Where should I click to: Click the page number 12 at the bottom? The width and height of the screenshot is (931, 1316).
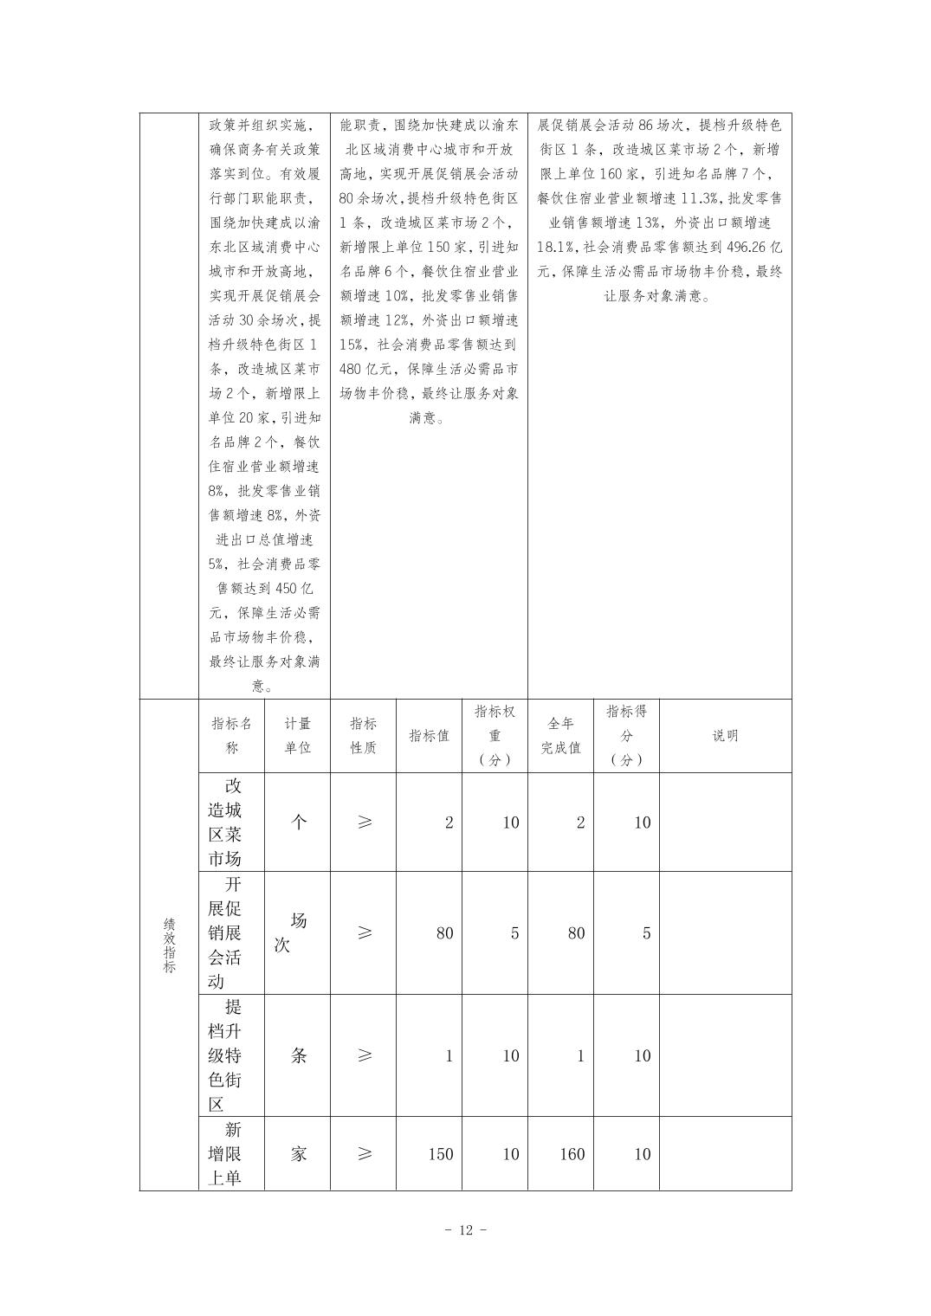pos(465,1230)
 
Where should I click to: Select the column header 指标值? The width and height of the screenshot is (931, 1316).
pos(429,736)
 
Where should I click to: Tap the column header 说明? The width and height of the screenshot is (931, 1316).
pos(725,736)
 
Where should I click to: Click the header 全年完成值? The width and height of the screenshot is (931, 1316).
pos(560,736)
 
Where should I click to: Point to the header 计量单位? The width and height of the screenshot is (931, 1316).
pos(297,736)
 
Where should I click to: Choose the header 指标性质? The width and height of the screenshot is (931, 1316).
pos(363,736)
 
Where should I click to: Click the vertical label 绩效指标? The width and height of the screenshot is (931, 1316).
pos(169,945)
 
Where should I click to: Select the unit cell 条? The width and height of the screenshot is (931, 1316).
pos(298,1055)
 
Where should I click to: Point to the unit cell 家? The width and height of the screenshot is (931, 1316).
pos(298,1154)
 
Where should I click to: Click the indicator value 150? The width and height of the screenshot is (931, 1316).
pos(441,1154)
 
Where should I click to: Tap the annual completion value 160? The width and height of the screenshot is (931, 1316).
pos(572,1154)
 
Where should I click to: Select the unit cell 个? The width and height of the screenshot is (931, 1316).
pos(298,822)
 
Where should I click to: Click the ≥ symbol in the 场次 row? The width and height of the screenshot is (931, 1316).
pos(364,932)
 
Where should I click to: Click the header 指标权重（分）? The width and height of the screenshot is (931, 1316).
pos(495,736)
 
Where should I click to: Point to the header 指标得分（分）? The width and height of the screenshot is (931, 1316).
pos(626,736)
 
